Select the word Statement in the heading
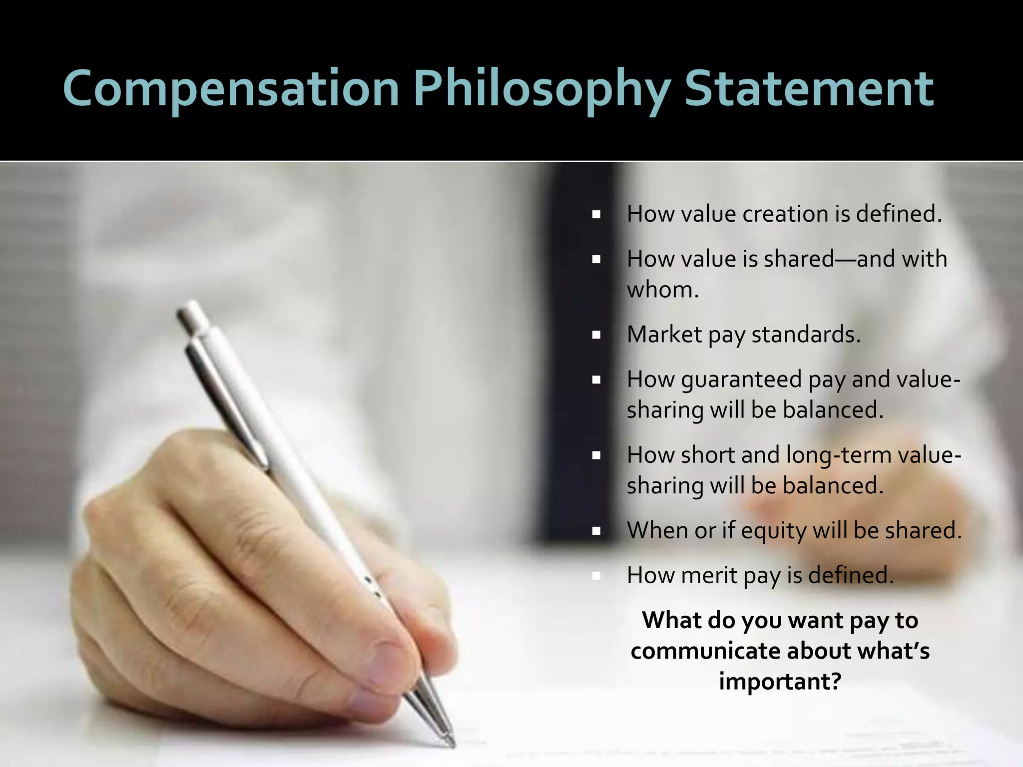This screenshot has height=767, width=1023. [x=809, y=89]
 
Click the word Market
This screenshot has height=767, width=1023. [x=664, y=335]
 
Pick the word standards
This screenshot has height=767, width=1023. [x=806, y=335]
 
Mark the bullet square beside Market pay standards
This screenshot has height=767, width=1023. [x=596, y=335]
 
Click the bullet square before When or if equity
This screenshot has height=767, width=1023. [x=596, y=531]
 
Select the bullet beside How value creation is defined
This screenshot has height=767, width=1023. [x=596, y=215]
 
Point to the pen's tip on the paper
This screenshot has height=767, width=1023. [x=452, y=744]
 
